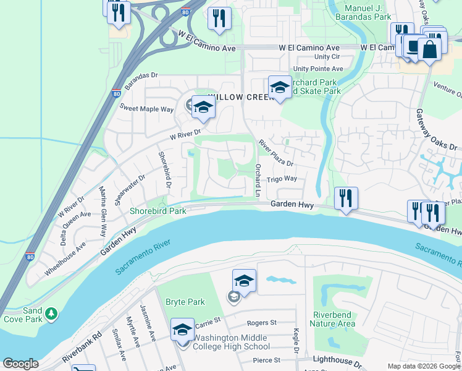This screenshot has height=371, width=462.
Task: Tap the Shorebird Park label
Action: click(157, 211)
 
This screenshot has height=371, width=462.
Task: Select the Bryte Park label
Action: click(185, 302)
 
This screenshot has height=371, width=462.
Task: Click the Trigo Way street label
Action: click(282, 179)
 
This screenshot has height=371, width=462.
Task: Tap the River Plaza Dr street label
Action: click(275, 152)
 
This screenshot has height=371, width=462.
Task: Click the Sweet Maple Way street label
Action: click(146, 109)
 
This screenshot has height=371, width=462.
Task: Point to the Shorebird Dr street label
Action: click(164, 169)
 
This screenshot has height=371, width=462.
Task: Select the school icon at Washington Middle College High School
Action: click(183, 331)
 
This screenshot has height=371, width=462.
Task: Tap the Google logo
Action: click(20, 364)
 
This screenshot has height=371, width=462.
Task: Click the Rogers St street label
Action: click(261, 323)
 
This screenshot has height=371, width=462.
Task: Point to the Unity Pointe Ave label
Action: click(318, 69)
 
